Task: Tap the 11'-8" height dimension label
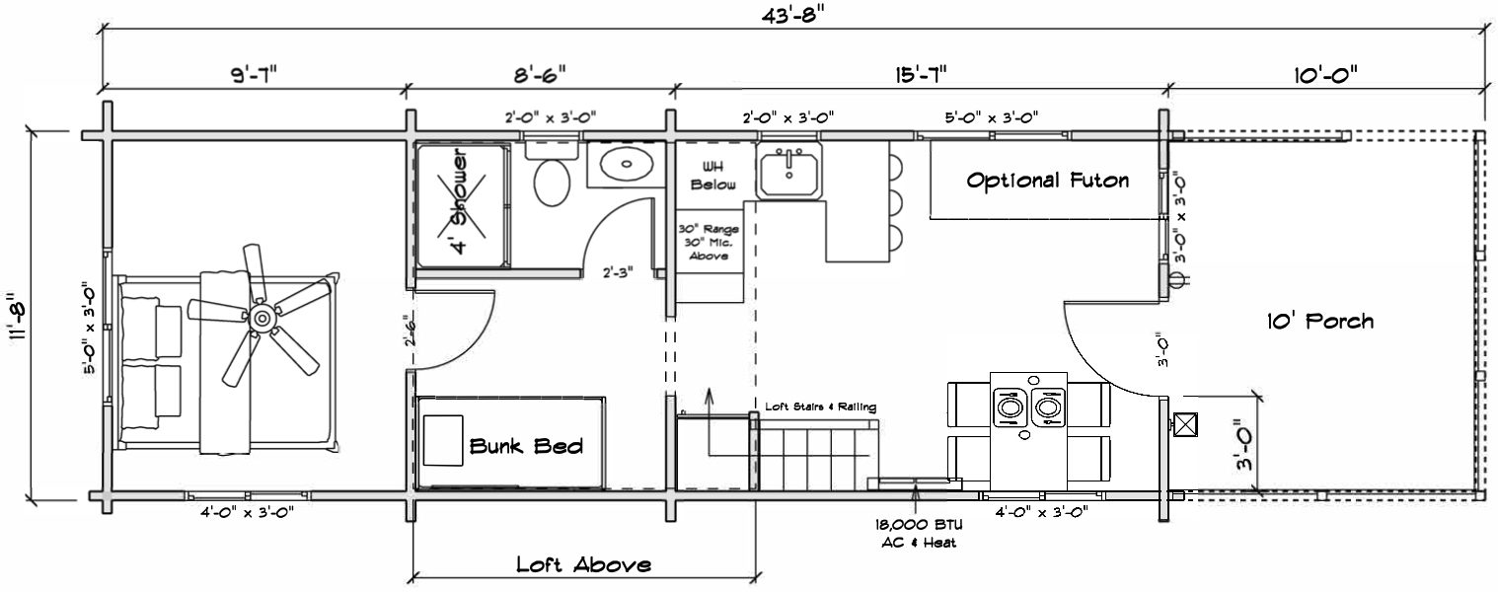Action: pyautogui.click(x=13, y=316)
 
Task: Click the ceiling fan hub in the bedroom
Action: pyautogui.click(x=262, y=318)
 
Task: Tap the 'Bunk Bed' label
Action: pyautogui.click(x=526, y=446)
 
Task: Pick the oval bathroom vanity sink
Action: pyautogui.click(x=620, y=165)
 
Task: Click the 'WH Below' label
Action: pyautogui.click(x=707, y=176)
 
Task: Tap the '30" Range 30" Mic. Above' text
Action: pyautogui.click(x=707, y=242)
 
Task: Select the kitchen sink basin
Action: pyautogui.click(x=788, y=174)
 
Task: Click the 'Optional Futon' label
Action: pyautogui.click(x=1047, y=181)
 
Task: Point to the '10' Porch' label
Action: pyautogui.click(x=1319, y=322)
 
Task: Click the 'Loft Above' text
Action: pyautogui.click(x=583, y=565)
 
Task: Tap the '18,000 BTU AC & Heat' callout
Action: pyautogui.click(x=919, y=534)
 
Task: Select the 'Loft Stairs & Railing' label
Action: pyautogui.click(x=820, y=407)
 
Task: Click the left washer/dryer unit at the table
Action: pyautogui.click(x=1009, y=406)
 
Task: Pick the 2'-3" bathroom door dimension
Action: pyautogui.click(x=618, y=271)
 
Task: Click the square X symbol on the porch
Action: pyautogui.click(x=1185, y=425)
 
